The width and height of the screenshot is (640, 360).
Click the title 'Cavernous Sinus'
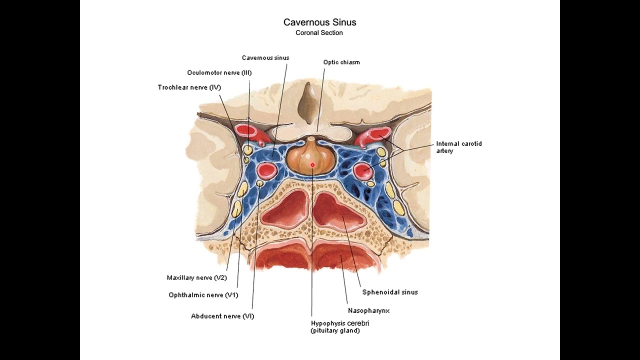click(319, 22)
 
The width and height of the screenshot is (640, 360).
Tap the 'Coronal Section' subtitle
click(319, 33)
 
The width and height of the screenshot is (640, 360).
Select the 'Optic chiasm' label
click(341, 62)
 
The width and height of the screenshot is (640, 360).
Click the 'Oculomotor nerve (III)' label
click(219, 73)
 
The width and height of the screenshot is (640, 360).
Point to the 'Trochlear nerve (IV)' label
click(189, 88)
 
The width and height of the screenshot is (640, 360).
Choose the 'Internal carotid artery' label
click(458, 147)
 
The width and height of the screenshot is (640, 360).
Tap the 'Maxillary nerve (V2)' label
click(196, 278)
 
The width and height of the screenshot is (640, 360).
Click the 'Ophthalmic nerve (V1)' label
click(203, 295)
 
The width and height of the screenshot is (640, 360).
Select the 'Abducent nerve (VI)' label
click(222, 316)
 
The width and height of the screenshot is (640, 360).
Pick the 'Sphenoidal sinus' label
click(390, 292)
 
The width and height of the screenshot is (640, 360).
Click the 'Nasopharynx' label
click(368, 310)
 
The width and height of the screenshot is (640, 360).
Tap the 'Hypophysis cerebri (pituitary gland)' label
click(340, 327)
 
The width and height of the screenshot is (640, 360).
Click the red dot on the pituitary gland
click(312, 164)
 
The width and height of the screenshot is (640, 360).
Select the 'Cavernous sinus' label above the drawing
click(265, 58)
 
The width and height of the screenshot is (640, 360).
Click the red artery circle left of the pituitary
click(266, 170)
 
